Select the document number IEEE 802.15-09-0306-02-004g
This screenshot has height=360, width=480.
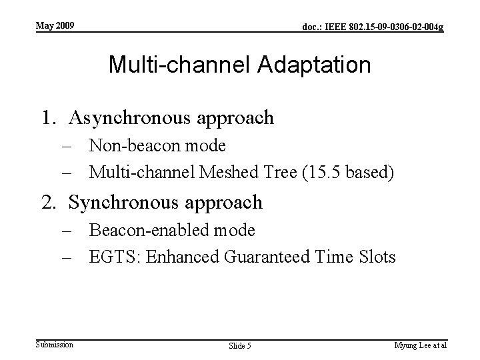[x=373, y=27]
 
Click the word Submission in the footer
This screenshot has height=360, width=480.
[x=55, y=344]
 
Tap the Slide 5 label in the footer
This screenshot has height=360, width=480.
[x=239, y=345]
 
